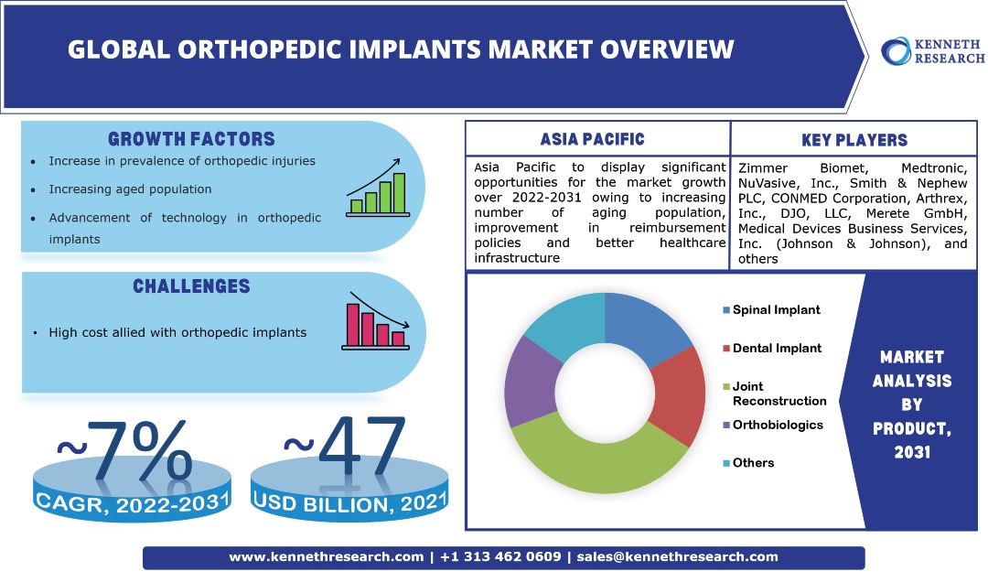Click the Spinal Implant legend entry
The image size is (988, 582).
(771, 309)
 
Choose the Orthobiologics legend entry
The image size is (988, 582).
(772, 425)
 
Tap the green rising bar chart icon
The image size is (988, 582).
(378, 188)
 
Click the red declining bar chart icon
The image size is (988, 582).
(376, 321)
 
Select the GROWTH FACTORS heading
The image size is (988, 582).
(191, 139)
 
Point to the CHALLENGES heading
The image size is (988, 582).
(191, 286)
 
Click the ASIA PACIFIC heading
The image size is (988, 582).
(592, 139)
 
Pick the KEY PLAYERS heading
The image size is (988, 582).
(854, 140)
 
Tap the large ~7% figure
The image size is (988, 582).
(124, 452)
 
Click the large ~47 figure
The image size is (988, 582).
(345, 447)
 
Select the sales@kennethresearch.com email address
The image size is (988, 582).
(677, 556)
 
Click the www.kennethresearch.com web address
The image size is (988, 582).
(327, 556)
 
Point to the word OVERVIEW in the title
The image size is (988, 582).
(667, 49)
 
